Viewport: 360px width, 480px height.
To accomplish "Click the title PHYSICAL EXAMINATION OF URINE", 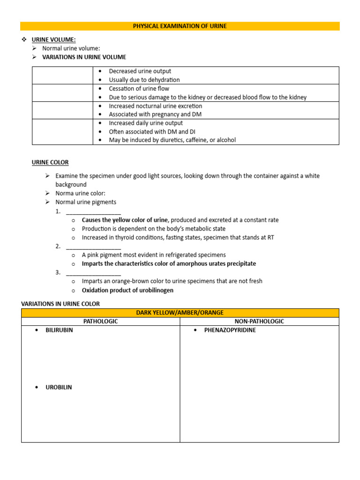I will (x=180, y=26).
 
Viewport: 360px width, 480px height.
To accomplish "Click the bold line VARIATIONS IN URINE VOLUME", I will (x=84, y=57).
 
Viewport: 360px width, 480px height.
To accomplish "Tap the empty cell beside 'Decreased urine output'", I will (x=62, y=75).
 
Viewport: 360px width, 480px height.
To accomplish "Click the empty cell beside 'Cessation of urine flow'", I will (x=62, y=93).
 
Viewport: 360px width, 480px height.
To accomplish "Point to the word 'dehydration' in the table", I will (x=164, y=80).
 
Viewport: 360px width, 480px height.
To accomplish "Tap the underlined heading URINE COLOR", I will (x=50, y=163).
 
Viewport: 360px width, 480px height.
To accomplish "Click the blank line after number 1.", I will (x=93, y=211).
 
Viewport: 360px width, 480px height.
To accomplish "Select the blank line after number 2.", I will (x=93, y=247).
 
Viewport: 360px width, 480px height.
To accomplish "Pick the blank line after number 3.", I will (x=93, y=272).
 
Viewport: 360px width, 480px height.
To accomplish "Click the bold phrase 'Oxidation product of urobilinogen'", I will (x=127, y=290).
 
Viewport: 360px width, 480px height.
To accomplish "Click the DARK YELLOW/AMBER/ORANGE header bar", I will (x=180, y=313).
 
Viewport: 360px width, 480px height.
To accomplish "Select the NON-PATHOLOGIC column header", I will (x=259, y=322).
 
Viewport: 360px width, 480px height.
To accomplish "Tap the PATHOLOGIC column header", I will (x=100, y=322).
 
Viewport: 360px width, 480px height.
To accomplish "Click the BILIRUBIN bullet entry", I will (x=59, y=330).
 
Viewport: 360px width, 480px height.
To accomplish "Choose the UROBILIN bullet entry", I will (x=59, y=388).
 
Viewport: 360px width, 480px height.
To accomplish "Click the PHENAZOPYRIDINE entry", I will (x=230, y=330).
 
